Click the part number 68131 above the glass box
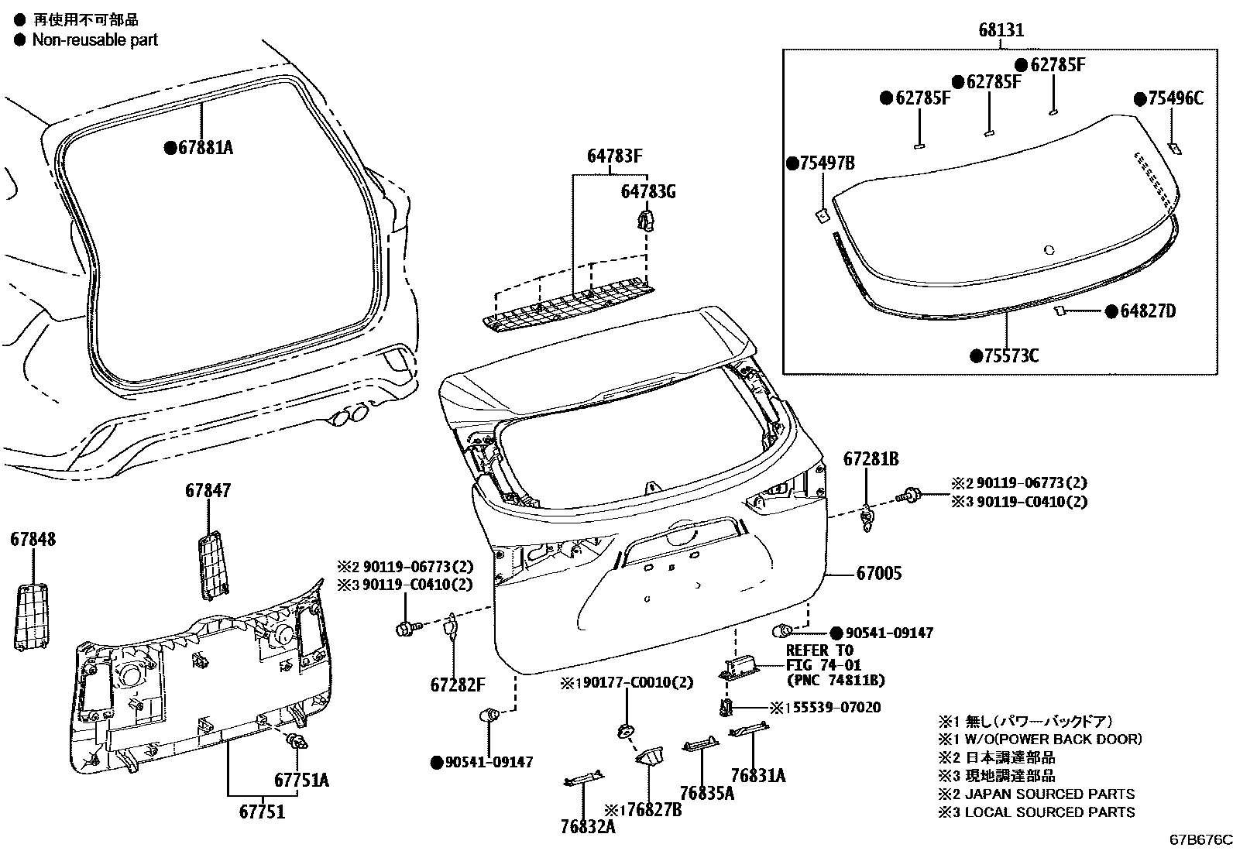[1001, 31]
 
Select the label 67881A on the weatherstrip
[204, 148]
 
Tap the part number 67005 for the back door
[879, 574]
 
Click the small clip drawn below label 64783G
[644, 221]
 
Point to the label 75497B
[826, 163]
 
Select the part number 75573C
[1010, 356]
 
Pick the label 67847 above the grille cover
[208, 491]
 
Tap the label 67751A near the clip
[301, 780]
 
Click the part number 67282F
[457, 685]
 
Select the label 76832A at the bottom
[588, 826]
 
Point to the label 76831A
[757, 775]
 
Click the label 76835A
[706, 793]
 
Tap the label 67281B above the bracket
[871, 459]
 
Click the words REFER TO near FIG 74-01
[819, 650]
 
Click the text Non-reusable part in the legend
[94, 40]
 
